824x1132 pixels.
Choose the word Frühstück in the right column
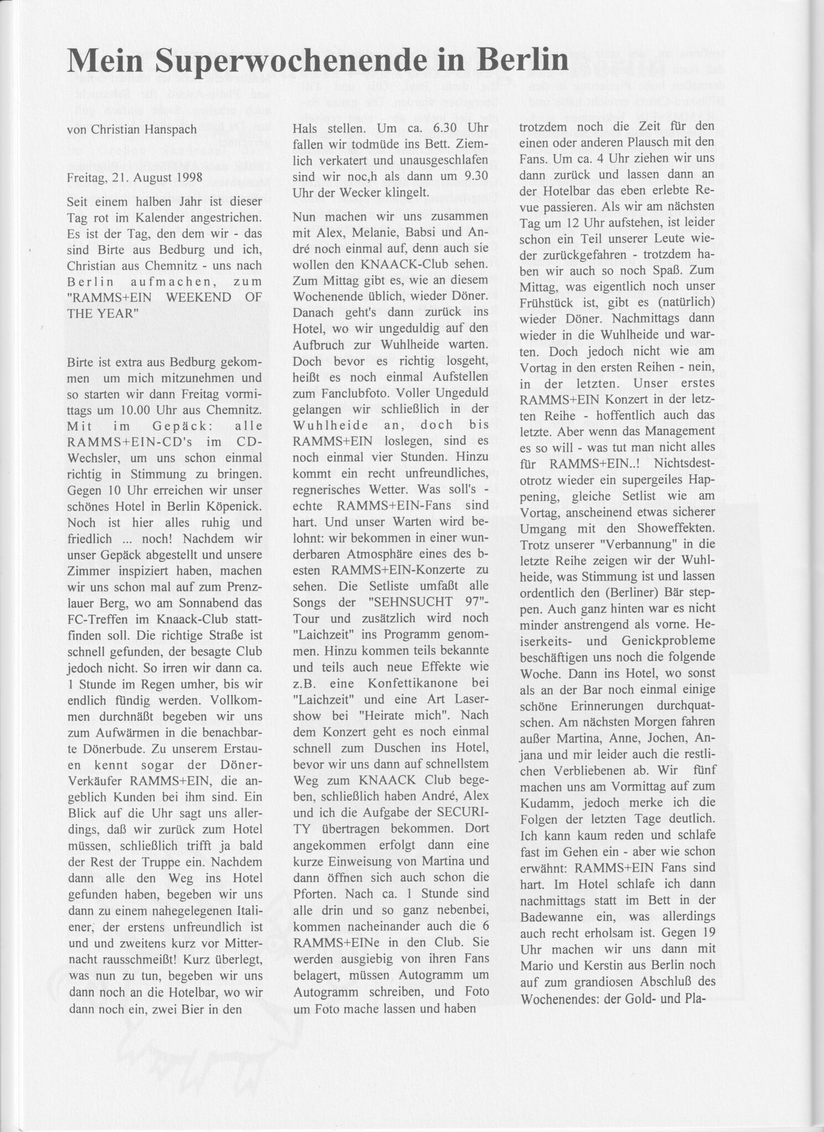pyautogui.click(x=550, y=303)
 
